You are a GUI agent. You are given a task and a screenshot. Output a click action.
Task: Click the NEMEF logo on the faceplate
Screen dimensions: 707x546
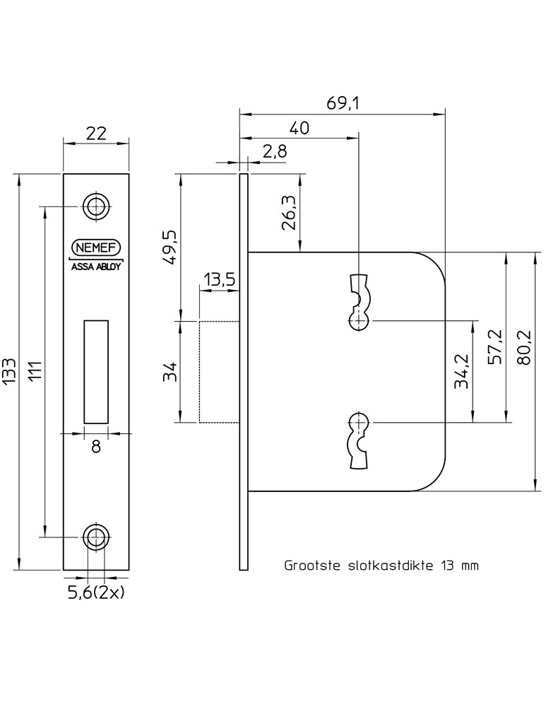[x=96, y=247]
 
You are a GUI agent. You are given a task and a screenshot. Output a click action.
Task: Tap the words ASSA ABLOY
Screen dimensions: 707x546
[x=96, y=267]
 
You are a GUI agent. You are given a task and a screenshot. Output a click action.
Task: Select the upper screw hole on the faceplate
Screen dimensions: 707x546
[x=96, y=206]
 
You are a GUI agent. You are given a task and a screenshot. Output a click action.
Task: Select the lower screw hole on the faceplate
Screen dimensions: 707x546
[x=96, y=537]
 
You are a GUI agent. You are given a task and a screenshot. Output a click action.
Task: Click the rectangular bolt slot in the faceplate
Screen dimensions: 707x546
[x=96, y=368]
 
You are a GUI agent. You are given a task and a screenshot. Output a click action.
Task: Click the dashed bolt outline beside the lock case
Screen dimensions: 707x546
[x=219, y=372]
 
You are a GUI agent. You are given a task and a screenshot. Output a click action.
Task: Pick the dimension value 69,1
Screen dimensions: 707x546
[x=343, y=103]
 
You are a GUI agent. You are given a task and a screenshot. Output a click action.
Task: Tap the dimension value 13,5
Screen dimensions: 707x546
[x=220, y=280]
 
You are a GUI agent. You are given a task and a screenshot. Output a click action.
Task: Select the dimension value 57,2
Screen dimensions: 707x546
[x=497, y=346]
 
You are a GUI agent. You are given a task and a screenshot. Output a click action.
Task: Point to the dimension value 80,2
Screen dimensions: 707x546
[x=523, y=346]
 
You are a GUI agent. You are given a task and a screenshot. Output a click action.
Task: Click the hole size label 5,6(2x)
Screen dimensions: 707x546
[x=96, y=592]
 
